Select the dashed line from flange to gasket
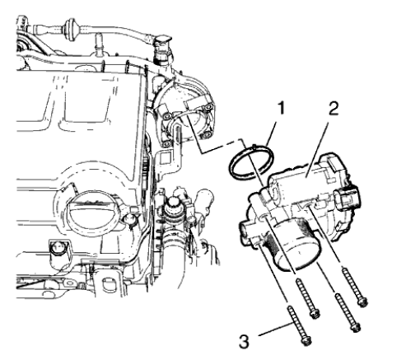(x=216, y=146)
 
